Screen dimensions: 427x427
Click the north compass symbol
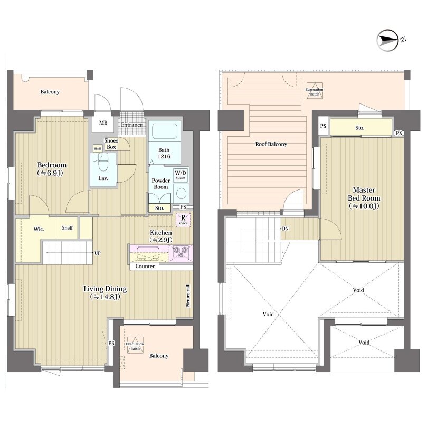(391, 40)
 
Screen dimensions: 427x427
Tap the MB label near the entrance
(103, 123)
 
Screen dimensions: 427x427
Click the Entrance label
(132, 125)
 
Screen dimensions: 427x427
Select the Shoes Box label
(111, 144)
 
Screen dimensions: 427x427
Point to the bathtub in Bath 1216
(165, 131)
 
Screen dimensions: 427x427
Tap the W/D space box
(181, 175)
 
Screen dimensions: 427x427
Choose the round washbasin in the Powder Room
(181, 193)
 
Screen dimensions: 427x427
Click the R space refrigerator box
(183, 220)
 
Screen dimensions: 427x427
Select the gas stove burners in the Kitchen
(181, 252)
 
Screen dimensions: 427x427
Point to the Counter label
(145, 267)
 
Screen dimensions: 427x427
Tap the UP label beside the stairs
(98, 253)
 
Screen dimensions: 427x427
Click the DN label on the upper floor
(285, 229)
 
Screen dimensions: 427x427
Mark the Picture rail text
(188, 296)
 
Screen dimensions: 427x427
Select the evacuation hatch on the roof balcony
(315, 90)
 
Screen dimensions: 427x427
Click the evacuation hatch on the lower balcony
(135, 345)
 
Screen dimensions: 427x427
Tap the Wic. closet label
(39, 229)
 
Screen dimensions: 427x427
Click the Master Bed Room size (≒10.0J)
(364, 206)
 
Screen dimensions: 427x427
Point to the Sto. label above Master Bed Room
(360, 128)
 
